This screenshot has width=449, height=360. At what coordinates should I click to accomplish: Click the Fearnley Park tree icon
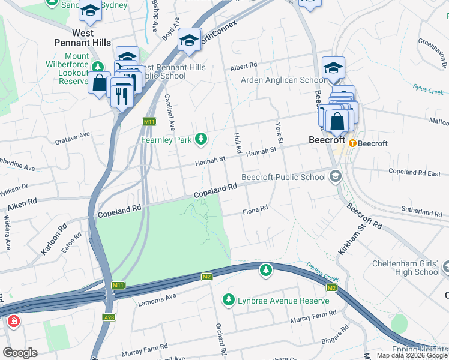pos(202,140)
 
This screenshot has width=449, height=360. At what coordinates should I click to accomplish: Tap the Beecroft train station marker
pos(352,143)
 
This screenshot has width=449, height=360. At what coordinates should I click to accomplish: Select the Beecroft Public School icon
pos(335,176)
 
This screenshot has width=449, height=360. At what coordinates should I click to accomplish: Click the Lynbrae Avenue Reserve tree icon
pos(228,299)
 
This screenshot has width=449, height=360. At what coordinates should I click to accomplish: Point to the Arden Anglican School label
pos(283,80)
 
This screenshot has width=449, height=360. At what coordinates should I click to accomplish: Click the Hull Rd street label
pos(237,142)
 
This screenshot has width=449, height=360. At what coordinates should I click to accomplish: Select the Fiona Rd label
pos(255,211)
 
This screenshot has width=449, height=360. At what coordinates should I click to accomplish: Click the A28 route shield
pos(109,317)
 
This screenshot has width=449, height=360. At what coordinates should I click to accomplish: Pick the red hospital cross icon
pos(13,322)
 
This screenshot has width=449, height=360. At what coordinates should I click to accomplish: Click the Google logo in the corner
pos(20,353)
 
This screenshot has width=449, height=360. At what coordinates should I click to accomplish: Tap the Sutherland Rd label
pos(421,212)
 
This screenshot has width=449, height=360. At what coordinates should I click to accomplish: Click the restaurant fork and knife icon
pos(122,95)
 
